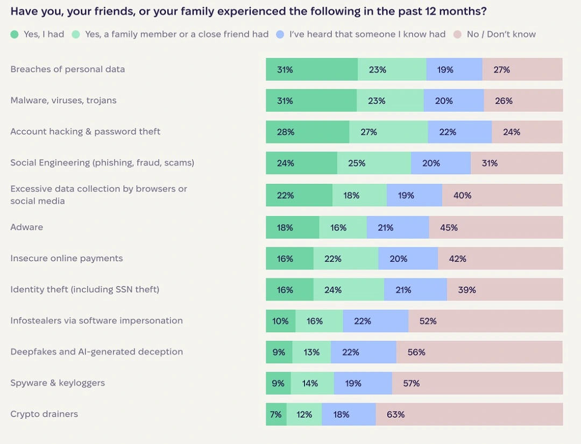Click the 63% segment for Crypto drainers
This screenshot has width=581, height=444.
click(x=469, y=414)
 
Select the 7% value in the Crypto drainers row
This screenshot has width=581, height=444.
click(x=276, y=414)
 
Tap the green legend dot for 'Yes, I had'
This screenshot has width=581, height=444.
click(x=15, y=34)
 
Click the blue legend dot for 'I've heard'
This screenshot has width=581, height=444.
click(x=280, y=34)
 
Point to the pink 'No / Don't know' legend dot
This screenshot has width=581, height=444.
click(x=457, y=34)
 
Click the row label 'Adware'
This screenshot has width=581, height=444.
click(x=27, y=227)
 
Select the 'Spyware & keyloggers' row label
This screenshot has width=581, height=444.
click(x=58, y=383)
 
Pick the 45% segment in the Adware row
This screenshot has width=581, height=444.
click(x=495, y=227)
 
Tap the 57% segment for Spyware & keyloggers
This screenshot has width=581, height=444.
click(x=477, y=383)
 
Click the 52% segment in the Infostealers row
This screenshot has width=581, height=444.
click(x=485, y=321)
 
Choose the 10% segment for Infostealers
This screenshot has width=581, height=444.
click(x=280, y=321)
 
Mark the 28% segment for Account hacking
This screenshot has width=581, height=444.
click(x=307, y=132)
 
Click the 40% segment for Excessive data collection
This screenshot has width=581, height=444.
click(x=502, y=195)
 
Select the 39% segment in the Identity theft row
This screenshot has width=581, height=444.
click(x=505, y=290)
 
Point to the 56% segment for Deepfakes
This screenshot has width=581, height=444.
click(x=479, y=352)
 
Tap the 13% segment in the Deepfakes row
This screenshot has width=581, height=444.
click(x=311, y=352)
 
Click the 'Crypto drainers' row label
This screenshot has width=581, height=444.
click(x=44, y=414)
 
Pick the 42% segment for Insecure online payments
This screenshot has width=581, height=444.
click(x=500, y=259)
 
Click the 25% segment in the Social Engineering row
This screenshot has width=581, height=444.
click(x=374, y=163)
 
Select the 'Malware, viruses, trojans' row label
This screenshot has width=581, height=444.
click(x=63, y=101)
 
